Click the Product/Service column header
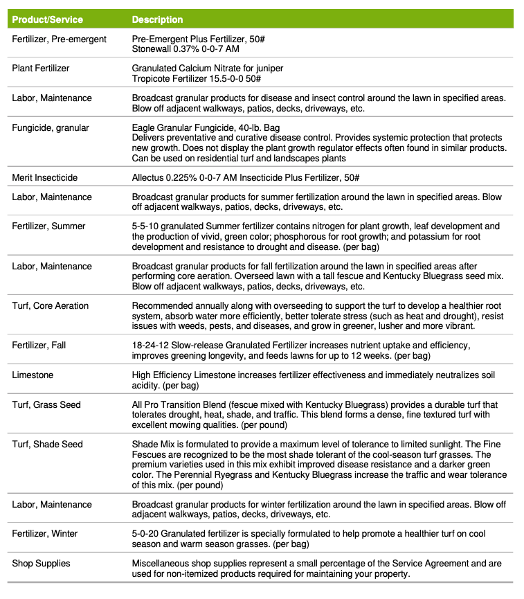tap(47, 19)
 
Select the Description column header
tap(157, 19)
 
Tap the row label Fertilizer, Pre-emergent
tap(60, 39)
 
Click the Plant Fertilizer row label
tap(41, 69)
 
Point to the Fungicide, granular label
tap(51, 127)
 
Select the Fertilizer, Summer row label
tap(49, 226)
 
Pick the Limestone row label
tap(33, 375)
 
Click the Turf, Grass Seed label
tap(46, 404)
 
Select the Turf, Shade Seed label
tap(48, 444)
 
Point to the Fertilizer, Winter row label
tap(45, 533)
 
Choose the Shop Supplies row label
tap(41, 563)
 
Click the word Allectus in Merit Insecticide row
tap(148, 177)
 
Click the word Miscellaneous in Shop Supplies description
tap(161, 563)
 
